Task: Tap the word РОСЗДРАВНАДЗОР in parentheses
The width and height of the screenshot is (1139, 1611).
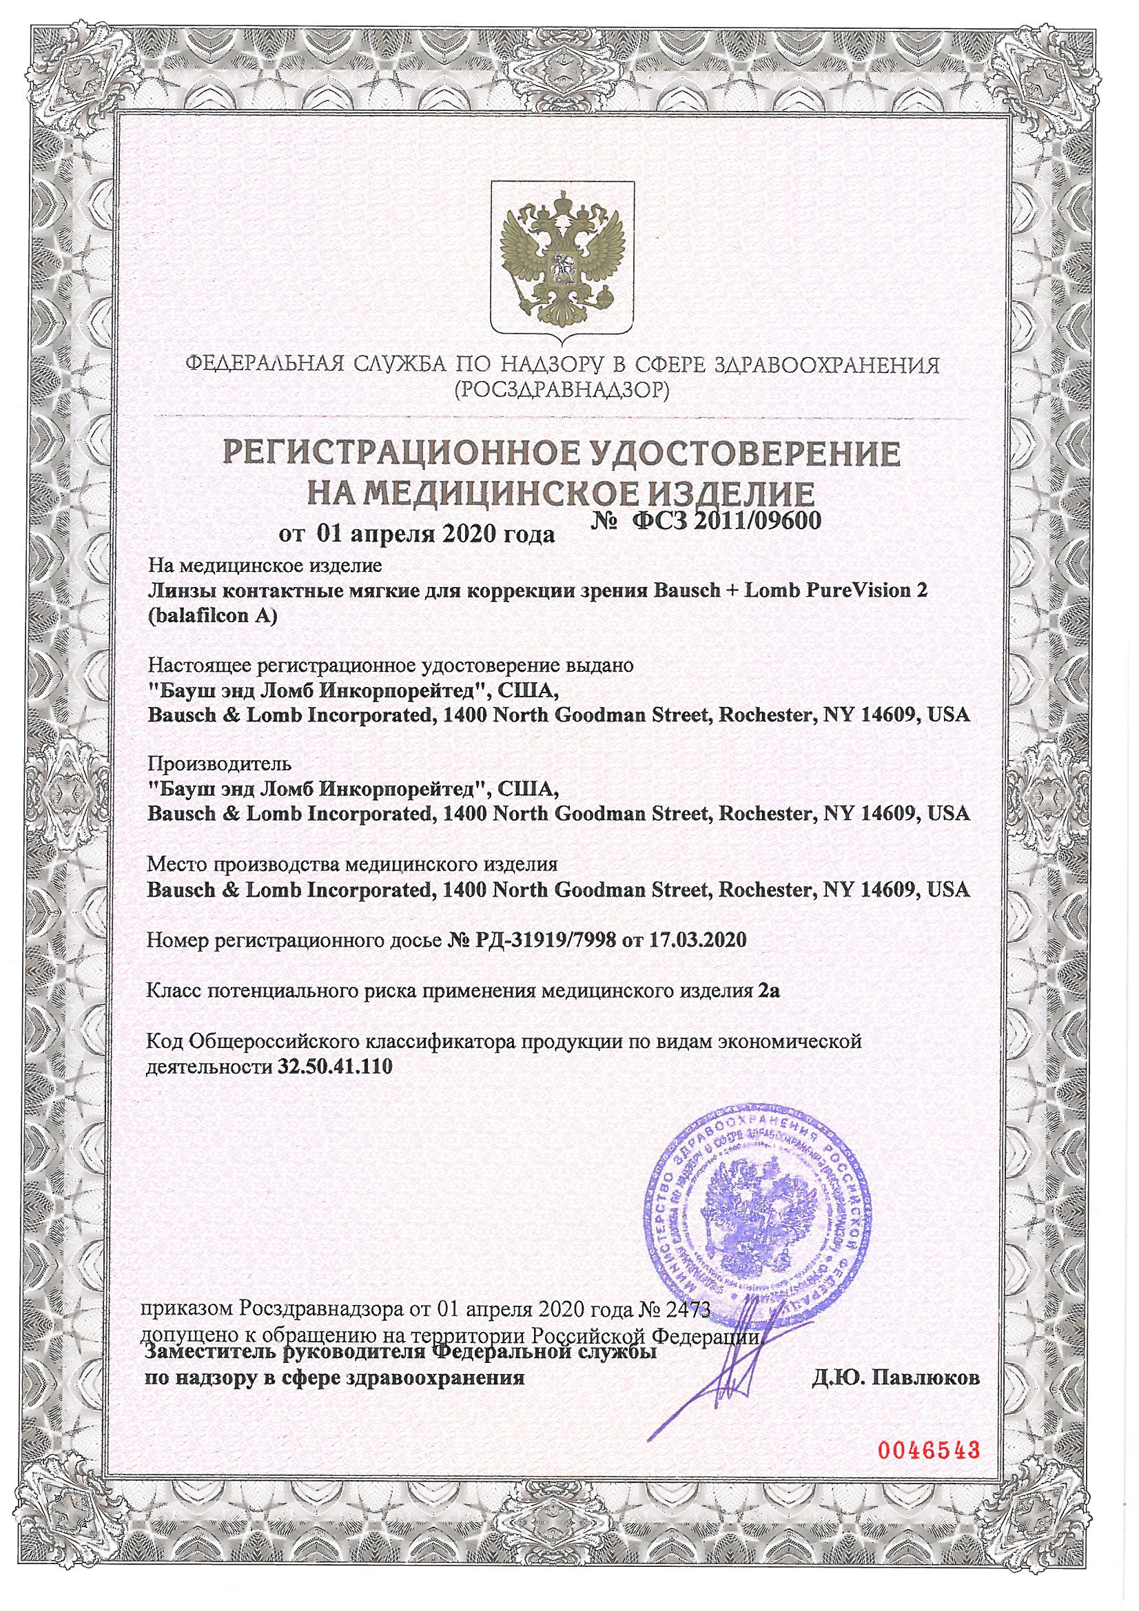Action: [x=562, y=389]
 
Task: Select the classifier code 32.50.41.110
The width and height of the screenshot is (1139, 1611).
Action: [x=332, y=1067]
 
